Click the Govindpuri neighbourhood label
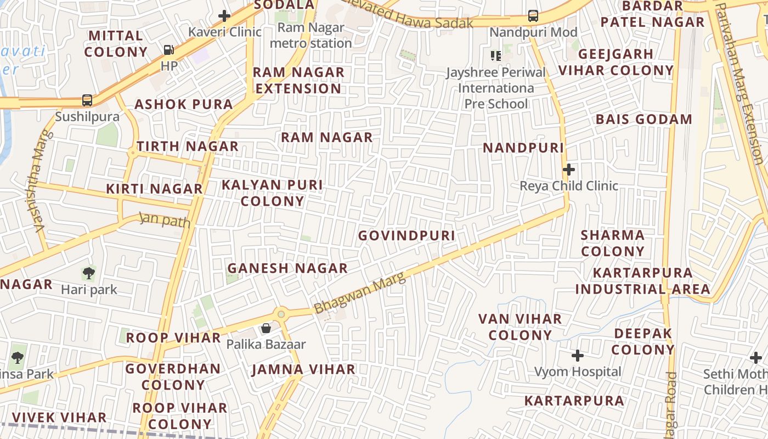point(406,235)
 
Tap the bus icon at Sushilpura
point(87,100)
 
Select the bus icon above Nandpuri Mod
point(533,16)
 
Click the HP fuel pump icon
point(168,50)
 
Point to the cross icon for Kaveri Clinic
point(224,16)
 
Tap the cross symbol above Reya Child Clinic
point(569,170)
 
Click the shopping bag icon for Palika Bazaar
point(266,328)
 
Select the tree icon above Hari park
point(88,273)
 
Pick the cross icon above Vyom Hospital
point(578,356)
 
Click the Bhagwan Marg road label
point(360,293)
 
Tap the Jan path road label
point(165,220)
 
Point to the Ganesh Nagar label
point(287,268)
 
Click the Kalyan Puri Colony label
point(272,193)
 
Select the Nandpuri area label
point(523,148)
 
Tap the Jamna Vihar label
point(303,369)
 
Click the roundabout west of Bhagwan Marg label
point(281,314)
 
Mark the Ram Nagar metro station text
point(311,35)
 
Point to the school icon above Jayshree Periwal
point(496,55)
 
